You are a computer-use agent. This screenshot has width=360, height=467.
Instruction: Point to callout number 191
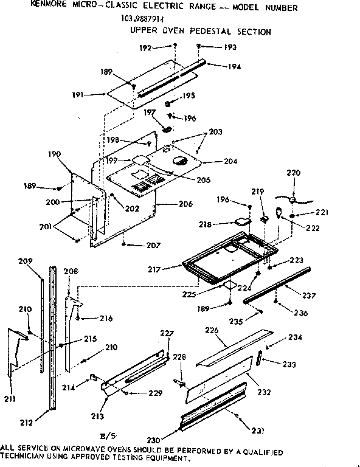click(77, 95)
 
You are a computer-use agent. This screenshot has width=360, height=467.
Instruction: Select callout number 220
click(294, 173)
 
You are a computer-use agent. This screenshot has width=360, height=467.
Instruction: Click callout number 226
click(212, 331)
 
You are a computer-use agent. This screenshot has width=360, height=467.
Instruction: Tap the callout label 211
click(10, 398)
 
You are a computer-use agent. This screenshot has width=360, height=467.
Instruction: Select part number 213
click(97, 416)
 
